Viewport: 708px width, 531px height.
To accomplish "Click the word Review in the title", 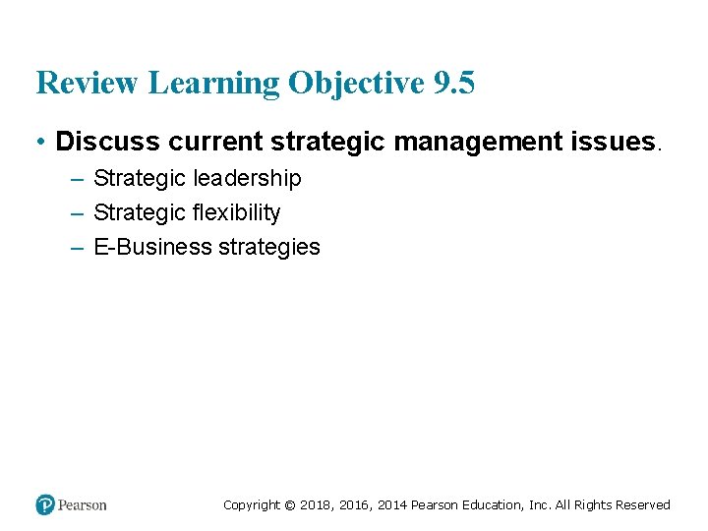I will tap(88, 84).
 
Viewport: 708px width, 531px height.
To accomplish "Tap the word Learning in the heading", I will tap(213, 84).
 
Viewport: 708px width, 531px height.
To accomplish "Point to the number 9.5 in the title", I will tap(453, 84).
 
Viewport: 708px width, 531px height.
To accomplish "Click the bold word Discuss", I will tap(108, 142).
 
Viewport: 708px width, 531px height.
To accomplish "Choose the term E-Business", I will tap(152, 247).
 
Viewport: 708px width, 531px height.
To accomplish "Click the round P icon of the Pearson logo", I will tap(45, 504).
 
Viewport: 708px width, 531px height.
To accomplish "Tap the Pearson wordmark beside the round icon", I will tap(83, 504).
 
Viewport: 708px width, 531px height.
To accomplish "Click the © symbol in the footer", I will tap(289, 505).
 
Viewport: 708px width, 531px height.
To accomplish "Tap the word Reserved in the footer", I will tap(643, 505).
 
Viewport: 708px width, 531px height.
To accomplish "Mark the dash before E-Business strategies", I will tap(77, 247).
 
